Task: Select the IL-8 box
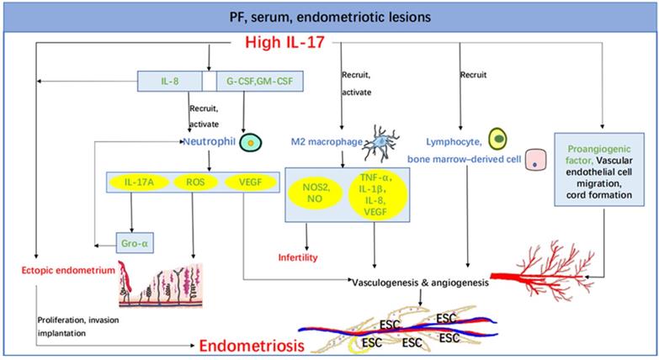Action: click(x=171, y=82)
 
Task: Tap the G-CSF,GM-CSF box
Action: click(x=254, y=82)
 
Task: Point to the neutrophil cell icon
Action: click(x=250, y=144)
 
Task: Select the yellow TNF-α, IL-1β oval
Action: click(x=378, y=195)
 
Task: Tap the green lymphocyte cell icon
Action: click(x=498, y=137)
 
